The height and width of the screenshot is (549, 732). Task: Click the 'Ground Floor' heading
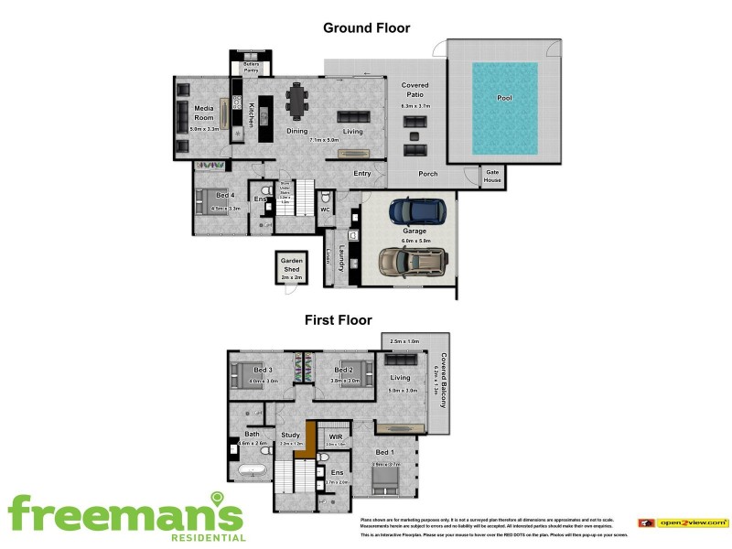(x=366, y=27)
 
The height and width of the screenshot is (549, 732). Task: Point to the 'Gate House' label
(x=492, y=176)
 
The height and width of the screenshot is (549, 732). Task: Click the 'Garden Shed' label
(x=291, y=264)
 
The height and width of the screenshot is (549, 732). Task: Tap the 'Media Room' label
(x=203, y=113)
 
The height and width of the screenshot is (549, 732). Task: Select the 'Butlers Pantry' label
(x=252, y=66)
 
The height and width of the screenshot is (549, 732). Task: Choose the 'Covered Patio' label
(x=414, y=90)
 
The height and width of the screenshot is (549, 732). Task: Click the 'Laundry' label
(x=341, y=255)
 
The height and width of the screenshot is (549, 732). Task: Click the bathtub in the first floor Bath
(x=251, y=472)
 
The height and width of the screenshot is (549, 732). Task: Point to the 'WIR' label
(x=335, y=437)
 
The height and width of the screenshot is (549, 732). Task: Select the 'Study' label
(x=290, y=435)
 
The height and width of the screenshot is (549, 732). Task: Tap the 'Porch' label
(x=427, y=174)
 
